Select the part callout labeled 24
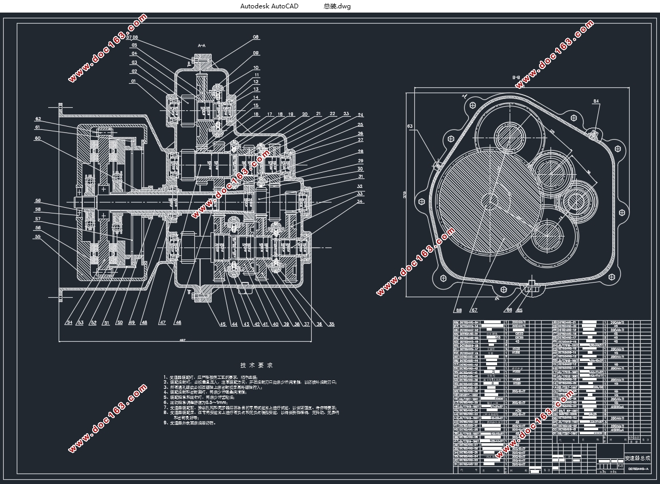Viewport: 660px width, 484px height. (x=360, y=115)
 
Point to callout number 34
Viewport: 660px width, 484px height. (x=360, y=201)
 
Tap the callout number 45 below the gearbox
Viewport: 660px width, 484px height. (x=223, y=324)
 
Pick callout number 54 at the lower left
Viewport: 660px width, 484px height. (x=69, y=323)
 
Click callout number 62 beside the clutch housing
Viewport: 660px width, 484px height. (x=38, y=119)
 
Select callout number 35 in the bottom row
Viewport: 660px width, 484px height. (x=331, y=324)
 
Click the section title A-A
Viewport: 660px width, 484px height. (x=202, y=47)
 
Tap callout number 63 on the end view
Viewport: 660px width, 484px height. (x=410, y=126)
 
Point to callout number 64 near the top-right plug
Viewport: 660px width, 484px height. (x=596, y=101)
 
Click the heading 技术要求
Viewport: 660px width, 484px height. (x=256, y=365)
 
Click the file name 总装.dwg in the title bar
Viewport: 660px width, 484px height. (x=337, y=6)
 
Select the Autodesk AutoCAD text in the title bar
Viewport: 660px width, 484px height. (x=269, y=6)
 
